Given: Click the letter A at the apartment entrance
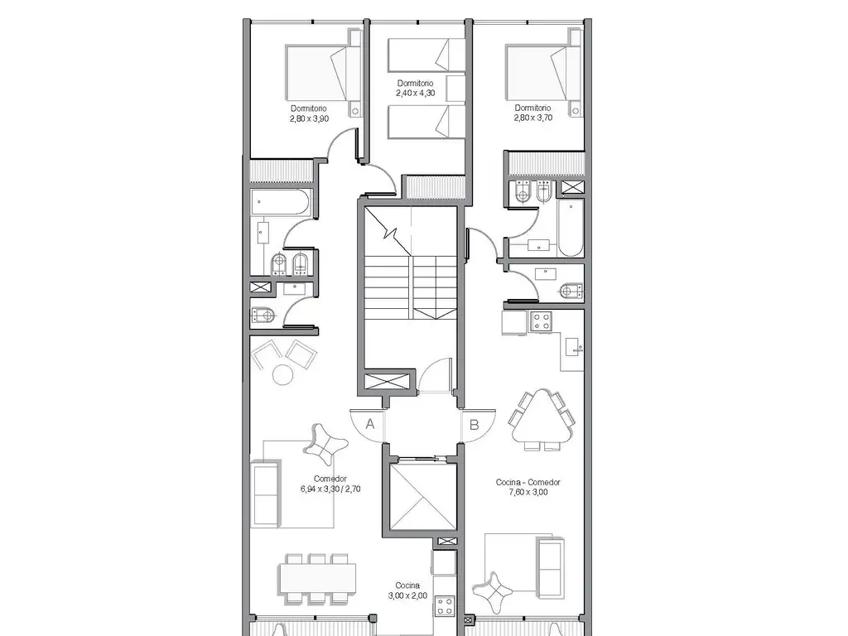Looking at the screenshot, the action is pyautogui.click(x=370, y=424).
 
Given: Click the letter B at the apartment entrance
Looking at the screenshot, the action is pyautogui.click(x=475, y=425).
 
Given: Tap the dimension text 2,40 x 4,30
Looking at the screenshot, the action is pyautogui.click(x=416, y=93).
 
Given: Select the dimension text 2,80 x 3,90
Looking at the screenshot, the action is pyautogui.click(x=310, y=118).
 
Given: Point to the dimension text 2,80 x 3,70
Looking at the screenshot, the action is pyautogui.click(x=533, y=118).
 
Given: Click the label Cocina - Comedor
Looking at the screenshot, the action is pyautogui.click(x=528, y=482).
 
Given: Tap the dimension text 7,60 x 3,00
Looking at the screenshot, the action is pyautogui.click(x=528, y=492).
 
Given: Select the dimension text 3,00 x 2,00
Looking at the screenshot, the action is pyautogui.click(x=407, y=595).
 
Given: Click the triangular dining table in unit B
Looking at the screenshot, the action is pyautogui.click(x=542, y=420).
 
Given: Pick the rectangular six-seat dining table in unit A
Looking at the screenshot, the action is pyautogui.click(x=318, y=579).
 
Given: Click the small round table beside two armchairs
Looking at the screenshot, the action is pyautogui.click(x=283, y=374).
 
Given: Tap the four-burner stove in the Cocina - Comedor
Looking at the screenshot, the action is pyautogui.click(x=541, y=321).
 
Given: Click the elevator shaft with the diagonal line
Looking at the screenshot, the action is pyautogui.click(x=422, y=496).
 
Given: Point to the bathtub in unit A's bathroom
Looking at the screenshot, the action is pyautogui.click(x=280, y=203).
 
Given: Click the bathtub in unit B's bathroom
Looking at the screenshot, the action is pyautogui.click(x=570, y=228).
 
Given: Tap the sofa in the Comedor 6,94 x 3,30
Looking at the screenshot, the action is pyautogui.click(x=266, y=494).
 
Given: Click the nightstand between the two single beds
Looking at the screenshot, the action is pyautogui.click(x=456, y=89).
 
